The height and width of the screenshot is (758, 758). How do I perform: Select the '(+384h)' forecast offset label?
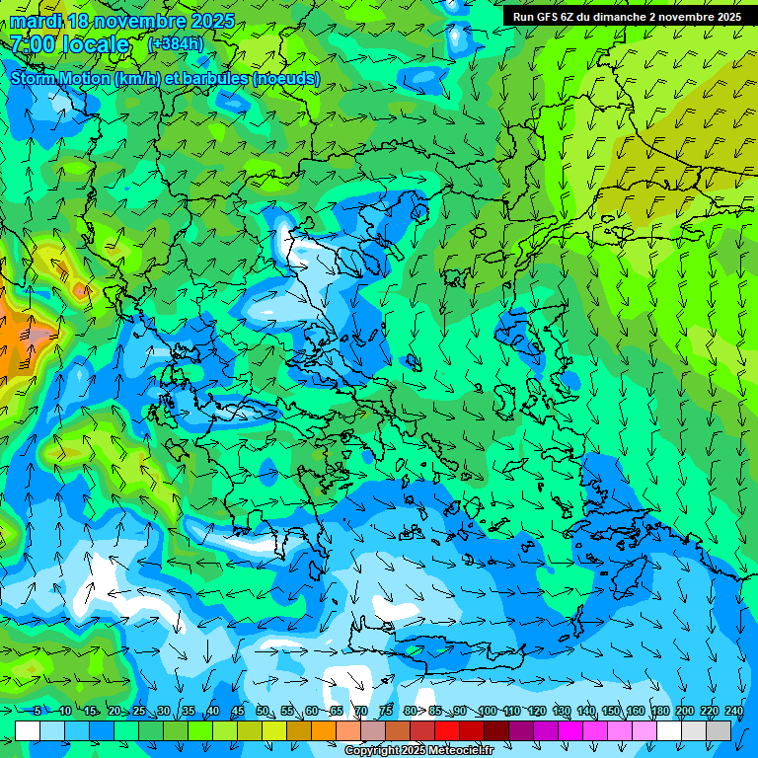pyautogui.click(x=175, y=44)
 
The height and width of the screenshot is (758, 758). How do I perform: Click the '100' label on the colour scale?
pyautogui.click(x=487, y=712)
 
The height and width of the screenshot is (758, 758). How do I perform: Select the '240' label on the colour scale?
pyautogui.click(x=733, y=712)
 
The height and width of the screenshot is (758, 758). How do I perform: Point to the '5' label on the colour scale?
pyautogui.click(x=38, y=712)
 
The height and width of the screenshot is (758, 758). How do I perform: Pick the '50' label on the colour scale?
pyautogui.click(x=262, y=712)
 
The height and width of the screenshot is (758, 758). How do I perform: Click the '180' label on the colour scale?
pyautogui.click(x=659, y=712)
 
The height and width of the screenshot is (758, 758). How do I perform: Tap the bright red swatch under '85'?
pyautogui.click(x=447, y=730)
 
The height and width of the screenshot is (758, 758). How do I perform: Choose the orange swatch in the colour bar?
pyautogui.click(x=324, y=730)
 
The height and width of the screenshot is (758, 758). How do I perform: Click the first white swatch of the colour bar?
pyautogui.click(x=28, y=730)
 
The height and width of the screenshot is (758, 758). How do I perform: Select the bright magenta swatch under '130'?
pyautogui.click(x=570, y=730)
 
